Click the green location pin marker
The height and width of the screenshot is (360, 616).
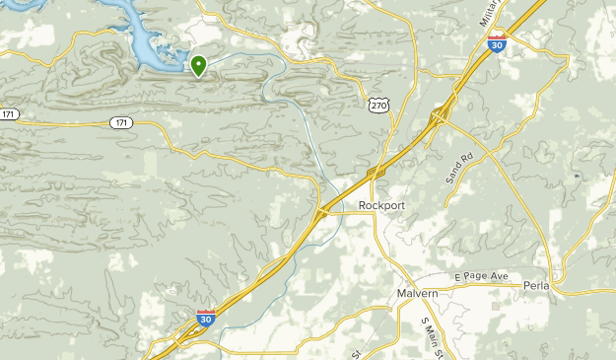pyautogui.click(x=198, y=66)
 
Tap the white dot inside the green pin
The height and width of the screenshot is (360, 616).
pyautogui.click(x=198, y=64)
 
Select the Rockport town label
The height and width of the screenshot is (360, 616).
pyautogui.click(x=381, y=206)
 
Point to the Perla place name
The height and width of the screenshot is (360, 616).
pyautogui.click(x=537, y=286)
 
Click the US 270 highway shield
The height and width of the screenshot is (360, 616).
pyautogui.click(x=379, y=104)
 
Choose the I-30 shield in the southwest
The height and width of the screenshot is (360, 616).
pyautogui.click(x=206, y=318)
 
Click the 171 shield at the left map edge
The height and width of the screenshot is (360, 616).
pyautogui.click(x=9, y=115)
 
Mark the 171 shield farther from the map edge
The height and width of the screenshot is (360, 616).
pyautogui.click(x=120, y=122)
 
